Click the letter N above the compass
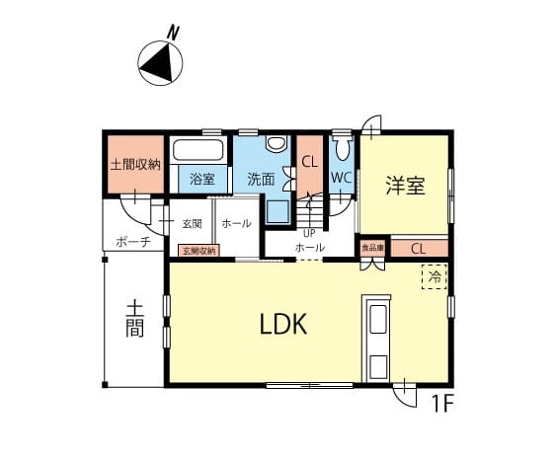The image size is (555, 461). pos(173,33)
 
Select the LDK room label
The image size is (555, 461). pos(283,325)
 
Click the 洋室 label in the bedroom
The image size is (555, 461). pos(405,186)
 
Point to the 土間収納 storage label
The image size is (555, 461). pos(135,165)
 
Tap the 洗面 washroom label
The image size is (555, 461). pos(261,180)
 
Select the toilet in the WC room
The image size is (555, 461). pos(342,148)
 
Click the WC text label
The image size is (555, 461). pos(342,178)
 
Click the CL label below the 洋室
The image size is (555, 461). pos(418,249)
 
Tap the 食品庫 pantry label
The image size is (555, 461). pos(372,249)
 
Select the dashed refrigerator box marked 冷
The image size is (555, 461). pos(435,277)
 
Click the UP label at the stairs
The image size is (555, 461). pos(309,234)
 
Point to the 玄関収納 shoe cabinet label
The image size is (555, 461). pos(198,251)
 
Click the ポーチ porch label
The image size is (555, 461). pos(133,243)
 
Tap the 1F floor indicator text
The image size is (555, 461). pos(442,404)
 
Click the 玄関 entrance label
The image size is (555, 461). pos(193,224)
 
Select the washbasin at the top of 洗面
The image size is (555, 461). pos(277,144)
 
